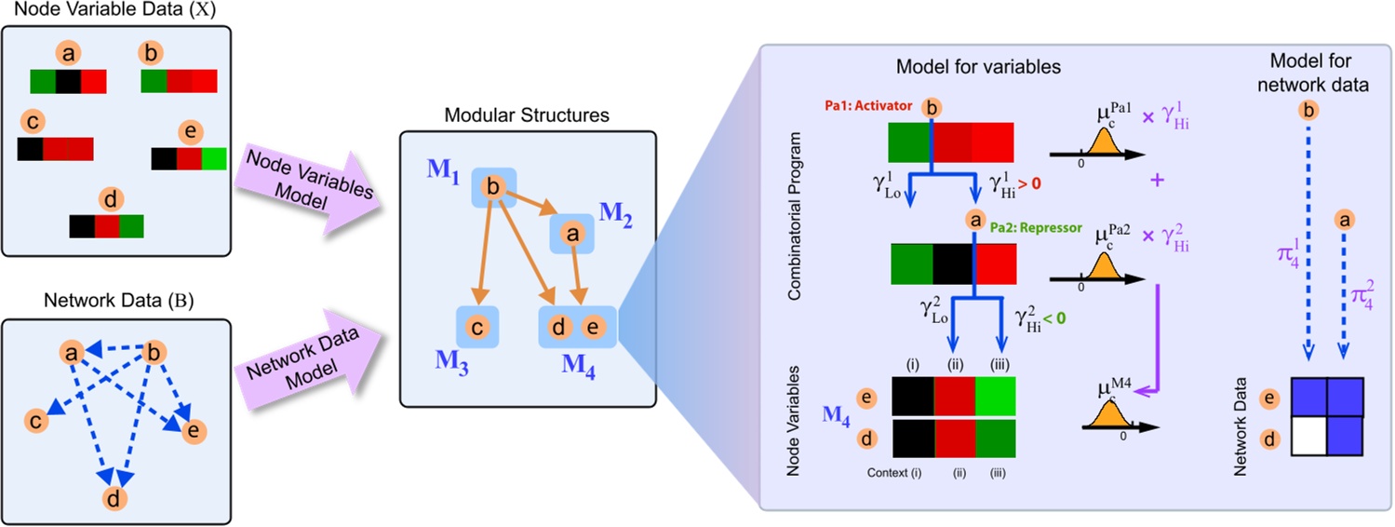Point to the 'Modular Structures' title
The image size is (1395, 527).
[527, 116]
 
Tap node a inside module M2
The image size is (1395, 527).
[574, 236]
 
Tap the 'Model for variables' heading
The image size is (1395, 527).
[978, 67]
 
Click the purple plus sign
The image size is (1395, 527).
[1160, 181]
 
